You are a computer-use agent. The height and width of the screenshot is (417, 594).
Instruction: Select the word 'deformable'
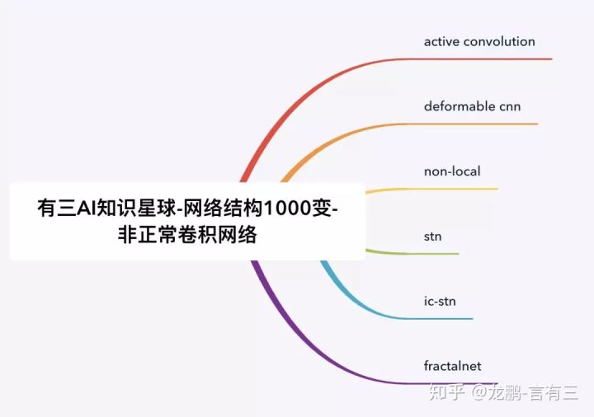point(460,106)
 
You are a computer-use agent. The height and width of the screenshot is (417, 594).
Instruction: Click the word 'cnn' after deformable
point(510,106)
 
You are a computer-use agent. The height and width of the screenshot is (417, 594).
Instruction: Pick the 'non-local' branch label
point(452,171)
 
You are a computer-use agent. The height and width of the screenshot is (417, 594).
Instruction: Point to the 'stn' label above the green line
point(432,237)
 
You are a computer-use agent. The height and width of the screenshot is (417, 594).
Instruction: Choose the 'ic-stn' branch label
point(440,301)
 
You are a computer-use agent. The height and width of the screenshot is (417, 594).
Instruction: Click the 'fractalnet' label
point(452,366)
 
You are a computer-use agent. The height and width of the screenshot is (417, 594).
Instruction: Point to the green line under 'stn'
point(429,254)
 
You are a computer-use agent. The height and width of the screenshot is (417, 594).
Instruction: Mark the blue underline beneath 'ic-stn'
point(441,318)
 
